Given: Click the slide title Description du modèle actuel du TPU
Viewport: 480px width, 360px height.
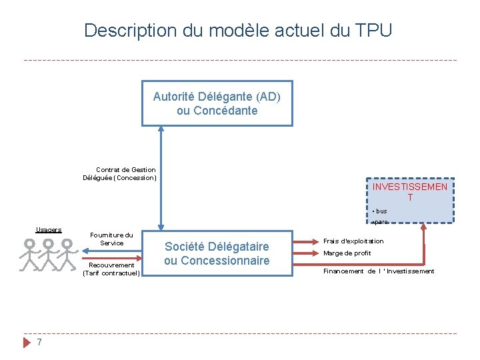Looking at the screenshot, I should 238,31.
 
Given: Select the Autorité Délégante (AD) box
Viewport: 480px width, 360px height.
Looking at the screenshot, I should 217,103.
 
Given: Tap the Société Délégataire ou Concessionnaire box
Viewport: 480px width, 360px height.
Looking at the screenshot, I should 217,253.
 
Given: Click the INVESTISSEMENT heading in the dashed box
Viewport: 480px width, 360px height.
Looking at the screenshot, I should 409,192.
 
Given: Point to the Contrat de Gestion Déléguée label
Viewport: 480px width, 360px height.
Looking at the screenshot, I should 119,174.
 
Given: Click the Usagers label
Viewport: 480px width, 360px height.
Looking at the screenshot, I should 48,230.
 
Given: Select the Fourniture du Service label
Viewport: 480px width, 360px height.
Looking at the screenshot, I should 111,239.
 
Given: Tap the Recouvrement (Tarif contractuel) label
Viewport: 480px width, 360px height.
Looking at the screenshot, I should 111,269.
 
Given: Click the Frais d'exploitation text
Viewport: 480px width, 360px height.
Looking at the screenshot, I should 353,241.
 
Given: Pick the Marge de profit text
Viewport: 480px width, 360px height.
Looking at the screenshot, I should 347,253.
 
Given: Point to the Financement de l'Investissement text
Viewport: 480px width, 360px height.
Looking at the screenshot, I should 379,271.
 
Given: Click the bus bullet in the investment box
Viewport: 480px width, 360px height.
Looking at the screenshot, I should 380,211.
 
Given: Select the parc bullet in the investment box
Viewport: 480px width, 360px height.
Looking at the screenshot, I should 380,222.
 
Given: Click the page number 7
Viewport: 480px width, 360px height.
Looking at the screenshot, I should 39,342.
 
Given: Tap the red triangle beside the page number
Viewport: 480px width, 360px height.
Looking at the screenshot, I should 27,342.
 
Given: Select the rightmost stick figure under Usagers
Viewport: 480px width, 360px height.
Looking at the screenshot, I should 67,254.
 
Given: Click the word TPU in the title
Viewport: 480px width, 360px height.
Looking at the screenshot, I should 375,31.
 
